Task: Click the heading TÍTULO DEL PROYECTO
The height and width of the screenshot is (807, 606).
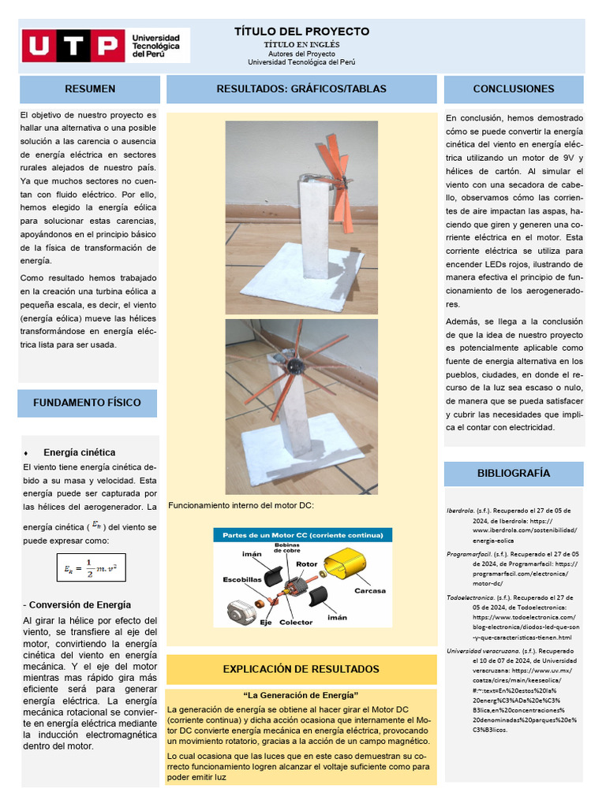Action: tap(301, 32)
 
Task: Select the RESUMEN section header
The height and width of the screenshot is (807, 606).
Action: tap(90, 89)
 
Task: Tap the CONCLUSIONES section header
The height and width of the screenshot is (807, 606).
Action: tap(514, 89)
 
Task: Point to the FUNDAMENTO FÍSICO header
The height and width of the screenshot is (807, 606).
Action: tap(87, 403)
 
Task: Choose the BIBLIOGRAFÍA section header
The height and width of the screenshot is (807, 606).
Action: tap(514, 473)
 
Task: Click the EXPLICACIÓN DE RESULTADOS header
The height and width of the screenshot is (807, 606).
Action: tap(301, 669)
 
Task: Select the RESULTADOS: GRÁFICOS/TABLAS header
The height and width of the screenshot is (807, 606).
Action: tap(301, 89)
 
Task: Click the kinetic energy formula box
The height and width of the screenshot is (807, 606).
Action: tap(92, 567)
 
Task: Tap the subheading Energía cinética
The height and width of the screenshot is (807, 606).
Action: tap(79, 452)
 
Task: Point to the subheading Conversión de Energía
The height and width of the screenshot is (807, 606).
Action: tap(76, 604)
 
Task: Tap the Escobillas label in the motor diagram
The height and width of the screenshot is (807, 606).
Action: tap(242, 578)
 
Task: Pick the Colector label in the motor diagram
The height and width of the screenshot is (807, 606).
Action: tap(296, 622)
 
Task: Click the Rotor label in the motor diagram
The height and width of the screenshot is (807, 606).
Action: tap(307, 564)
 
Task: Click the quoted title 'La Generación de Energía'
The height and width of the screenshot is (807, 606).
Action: tap(301, 695)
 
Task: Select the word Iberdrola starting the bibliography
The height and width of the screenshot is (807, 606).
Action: tap(460, 511)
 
